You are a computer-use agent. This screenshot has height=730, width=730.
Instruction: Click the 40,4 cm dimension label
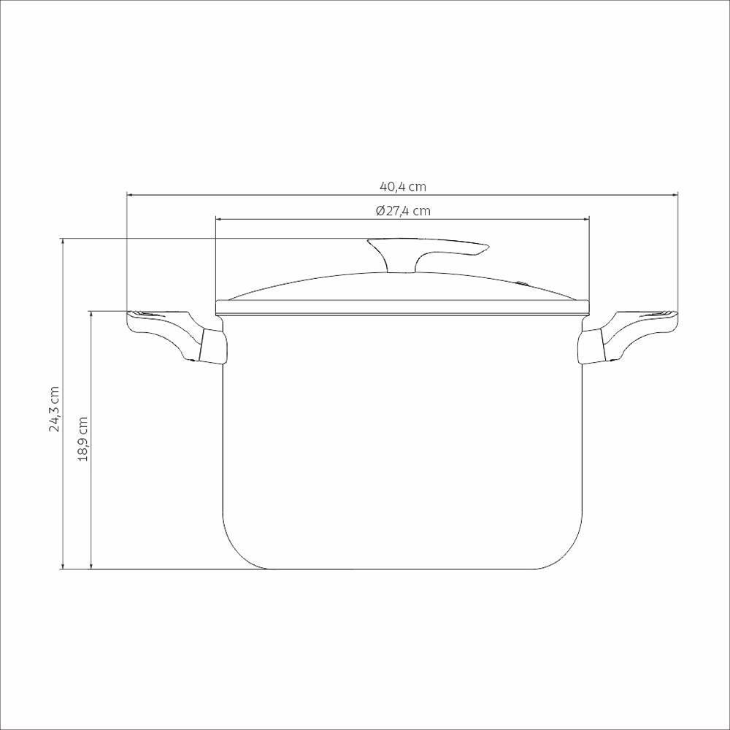tap(401, 187)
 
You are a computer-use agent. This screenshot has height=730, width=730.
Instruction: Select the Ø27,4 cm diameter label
tap(402, 211)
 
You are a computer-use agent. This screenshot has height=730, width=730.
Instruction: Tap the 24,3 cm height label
tap(54, 409)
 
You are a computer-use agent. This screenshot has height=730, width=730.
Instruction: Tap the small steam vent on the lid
tap(523, 281)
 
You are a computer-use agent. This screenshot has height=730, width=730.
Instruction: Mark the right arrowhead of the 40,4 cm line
tap(675, 195)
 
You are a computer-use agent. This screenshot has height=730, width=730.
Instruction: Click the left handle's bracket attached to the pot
tap(212, 347)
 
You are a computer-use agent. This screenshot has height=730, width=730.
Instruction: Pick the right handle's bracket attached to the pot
tap(592, 347)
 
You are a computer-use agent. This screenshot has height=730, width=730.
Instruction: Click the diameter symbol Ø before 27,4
tap(380, 211)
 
